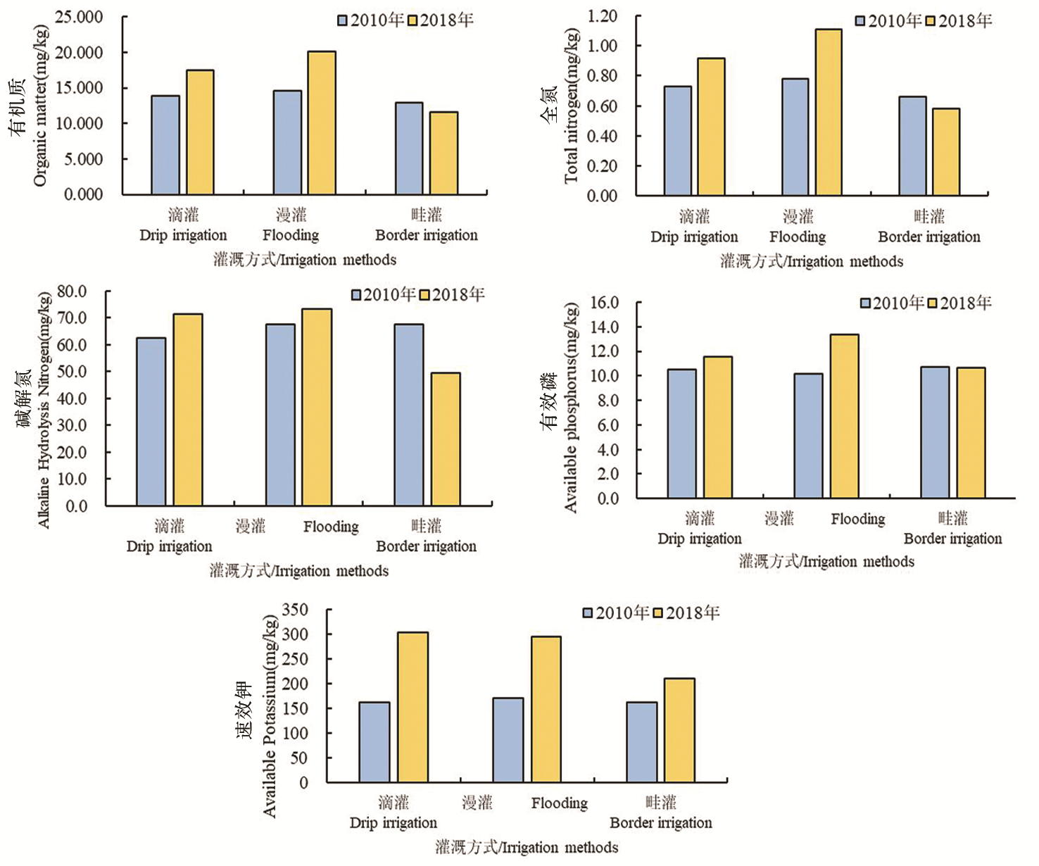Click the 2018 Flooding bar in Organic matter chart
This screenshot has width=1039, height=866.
coord(322,123)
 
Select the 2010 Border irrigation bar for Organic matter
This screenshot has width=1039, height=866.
coord(409,149)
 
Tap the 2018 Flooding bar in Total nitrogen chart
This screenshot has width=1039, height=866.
coord(829,113)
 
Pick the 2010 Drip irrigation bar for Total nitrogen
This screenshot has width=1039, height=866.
coord(678,141)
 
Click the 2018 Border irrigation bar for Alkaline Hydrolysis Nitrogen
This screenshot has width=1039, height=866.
coord(446,439)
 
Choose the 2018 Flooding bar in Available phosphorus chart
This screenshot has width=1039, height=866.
coord(844,417)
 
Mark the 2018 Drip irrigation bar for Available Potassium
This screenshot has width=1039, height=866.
coord(413,708)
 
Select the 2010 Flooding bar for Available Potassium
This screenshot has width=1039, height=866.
coord(508,740)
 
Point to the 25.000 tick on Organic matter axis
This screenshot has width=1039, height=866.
coord(79,17)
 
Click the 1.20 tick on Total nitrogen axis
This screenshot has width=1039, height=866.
coord(602,15)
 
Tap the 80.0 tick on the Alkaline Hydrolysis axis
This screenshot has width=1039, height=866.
coord(72,291)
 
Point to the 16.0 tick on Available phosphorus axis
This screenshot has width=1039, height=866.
coord(604,303)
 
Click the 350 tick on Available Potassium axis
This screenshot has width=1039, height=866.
coord(295,610)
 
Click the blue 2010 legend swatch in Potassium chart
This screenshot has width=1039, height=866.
coord(588,613)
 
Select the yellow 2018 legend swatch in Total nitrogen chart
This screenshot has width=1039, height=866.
coord(930,21)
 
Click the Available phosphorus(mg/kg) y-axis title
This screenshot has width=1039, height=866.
coord(571,407)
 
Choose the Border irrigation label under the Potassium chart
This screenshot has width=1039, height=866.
coord(660,822)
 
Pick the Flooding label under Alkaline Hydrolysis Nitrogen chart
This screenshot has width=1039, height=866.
coord(331,527)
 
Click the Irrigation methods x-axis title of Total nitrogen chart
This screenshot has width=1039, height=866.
coord(811,262)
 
